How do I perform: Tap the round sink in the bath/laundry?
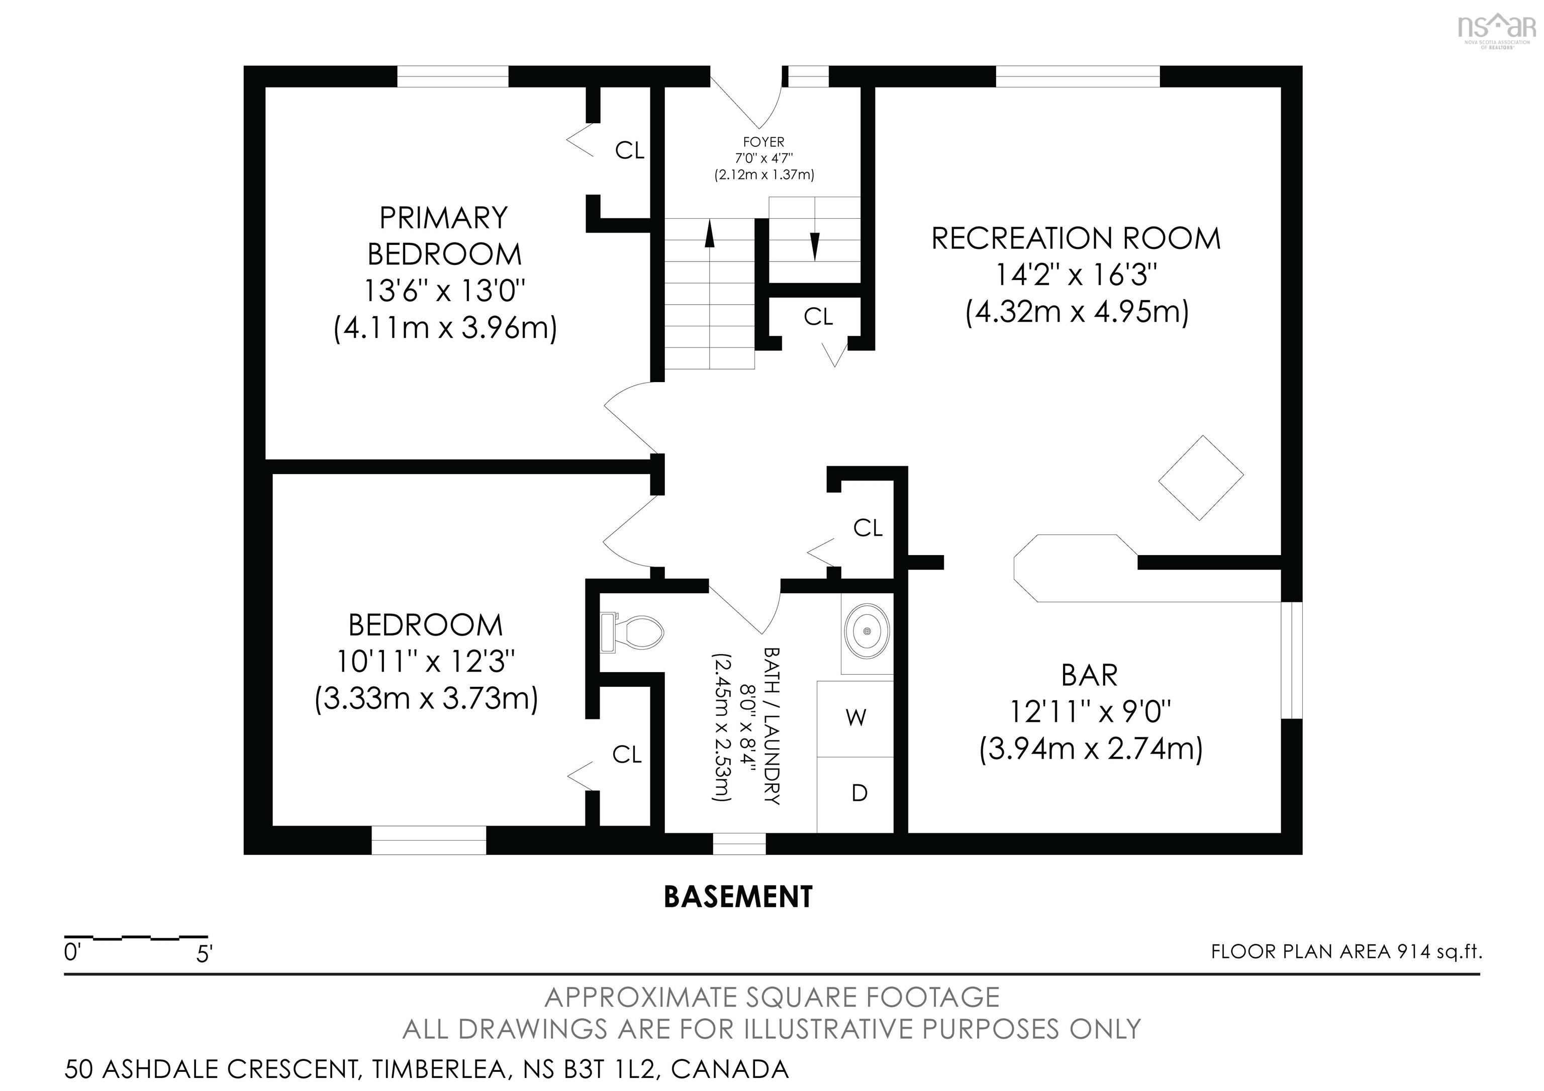[867, 631]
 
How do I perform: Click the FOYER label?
[763, 142]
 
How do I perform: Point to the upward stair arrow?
[710, 235]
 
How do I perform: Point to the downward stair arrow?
[814, 245]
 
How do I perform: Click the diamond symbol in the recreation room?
[1200, 478]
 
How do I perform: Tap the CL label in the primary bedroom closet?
[629, 151]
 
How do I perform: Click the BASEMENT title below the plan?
[738, 896]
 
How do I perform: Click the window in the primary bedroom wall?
[452, 77]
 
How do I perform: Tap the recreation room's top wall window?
[1077, 77]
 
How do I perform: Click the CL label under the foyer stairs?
[818, 316]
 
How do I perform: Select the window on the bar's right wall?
[1292, 661]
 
